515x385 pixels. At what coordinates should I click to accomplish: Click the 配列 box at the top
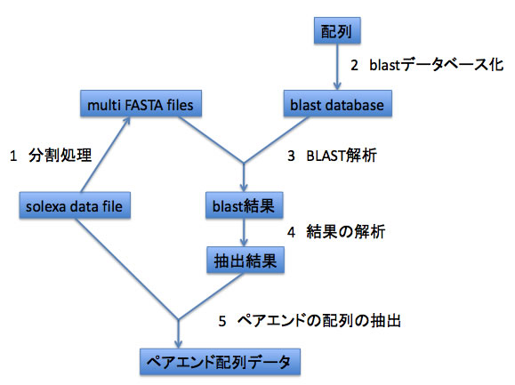(x=337, y=30)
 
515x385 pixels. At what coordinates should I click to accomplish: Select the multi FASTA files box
(x=141, y=103)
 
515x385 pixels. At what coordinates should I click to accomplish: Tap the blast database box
(x=338, y=103)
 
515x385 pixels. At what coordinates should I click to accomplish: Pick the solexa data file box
(x=75, y=205)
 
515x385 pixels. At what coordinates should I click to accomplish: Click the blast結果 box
(x=244, y=205)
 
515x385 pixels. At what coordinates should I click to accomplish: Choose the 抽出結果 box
(x=245, y=260)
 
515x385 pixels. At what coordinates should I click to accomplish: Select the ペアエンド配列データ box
(x=220, y=362)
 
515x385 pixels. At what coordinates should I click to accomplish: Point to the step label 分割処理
(x=60, y=156)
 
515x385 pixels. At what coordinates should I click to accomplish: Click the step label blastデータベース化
(x=437, y=65)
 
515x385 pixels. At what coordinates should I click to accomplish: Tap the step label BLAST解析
(x=342, y=156)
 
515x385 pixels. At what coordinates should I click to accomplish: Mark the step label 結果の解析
(x=345, y=232)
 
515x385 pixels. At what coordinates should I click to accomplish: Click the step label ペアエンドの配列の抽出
(x=319, y=320)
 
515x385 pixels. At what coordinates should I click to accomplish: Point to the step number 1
(x=13, y=156)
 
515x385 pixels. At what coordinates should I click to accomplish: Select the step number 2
(x=354, y=65)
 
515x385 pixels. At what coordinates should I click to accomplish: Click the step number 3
(x=291, y=156)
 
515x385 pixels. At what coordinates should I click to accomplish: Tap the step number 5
(x=222, y=321)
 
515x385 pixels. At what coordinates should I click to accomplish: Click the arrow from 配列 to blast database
(x=337, y=67)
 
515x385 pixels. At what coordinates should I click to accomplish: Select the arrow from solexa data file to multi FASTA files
(x=105, y=154)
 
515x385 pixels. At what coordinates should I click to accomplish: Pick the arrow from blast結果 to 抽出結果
(x=244, y=232)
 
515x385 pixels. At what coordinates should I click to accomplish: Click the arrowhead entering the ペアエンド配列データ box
(x=178, y=343)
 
